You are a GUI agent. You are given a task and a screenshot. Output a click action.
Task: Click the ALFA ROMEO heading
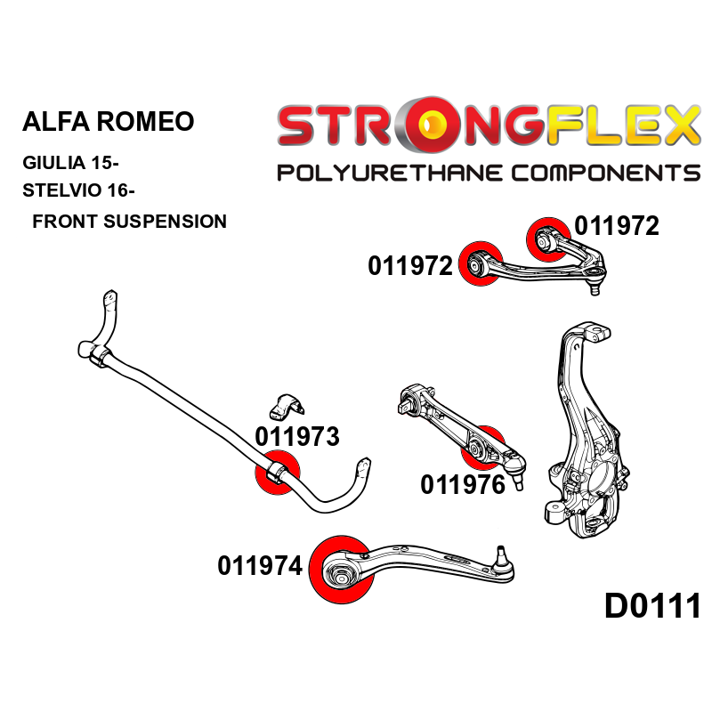point(107,122)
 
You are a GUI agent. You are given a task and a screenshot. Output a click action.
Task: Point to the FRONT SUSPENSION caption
point(129,221)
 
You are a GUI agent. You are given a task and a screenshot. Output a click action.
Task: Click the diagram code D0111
point(652,607)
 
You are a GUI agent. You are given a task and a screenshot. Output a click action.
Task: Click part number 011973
point(296,437)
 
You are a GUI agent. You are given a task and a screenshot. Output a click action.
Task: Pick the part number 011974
point(259,565)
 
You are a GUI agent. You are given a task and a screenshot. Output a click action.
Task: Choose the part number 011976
point(462,485)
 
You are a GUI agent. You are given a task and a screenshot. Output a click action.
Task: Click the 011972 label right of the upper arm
point(616,226)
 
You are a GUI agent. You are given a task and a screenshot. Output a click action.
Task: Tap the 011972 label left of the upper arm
point(410,265)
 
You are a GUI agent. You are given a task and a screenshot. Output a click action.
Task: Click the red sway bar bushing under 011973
point(277,472)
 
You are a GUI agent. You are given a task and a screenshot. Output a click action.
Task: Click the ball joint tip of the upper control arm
point(595,287)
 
